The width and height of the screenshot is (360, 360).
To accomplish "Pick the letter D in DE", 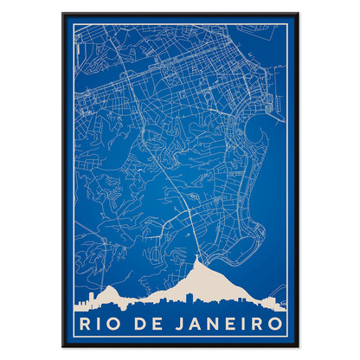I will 145,325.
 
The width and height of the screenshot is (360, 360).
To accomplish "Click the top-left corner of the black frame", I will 63,14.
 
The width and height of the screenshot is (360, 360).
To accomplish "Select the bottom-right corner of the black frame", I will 298,346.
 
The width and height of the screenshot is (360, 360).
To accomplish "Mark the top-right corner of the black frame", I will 298,14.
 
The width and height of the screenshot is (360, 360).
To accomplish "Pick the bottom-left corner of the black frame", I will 63,346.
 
